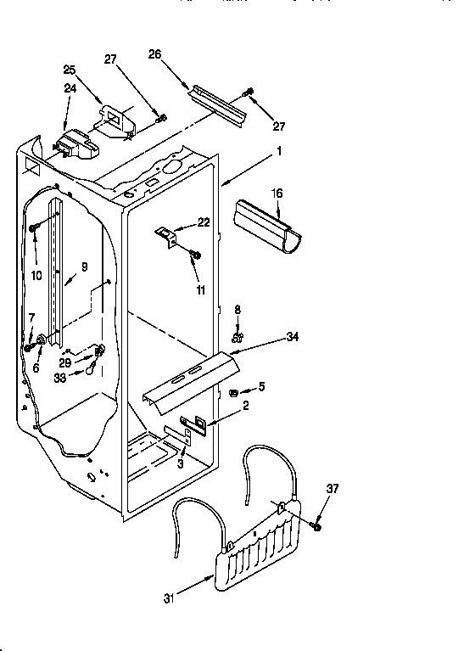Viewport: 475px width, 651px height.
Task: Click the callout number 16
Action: pyautogui.click(x=277, y=194)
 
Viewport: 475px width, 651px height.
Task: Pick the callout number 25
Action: pyautogui.click(x=69, y=69)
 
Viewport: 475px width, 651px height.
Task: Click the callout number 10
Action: pyautogui.click(x=37, y=275)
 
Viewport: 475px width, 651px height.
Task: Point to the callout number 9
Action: pyautogui.click(x=84, y=266)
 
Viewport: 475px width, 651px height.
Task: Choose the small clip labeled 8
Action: pyautogui.click(x=238, y=323)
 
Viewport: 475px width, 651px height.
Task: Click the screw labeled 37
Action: pyautogui.click(x=317, y=527)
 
